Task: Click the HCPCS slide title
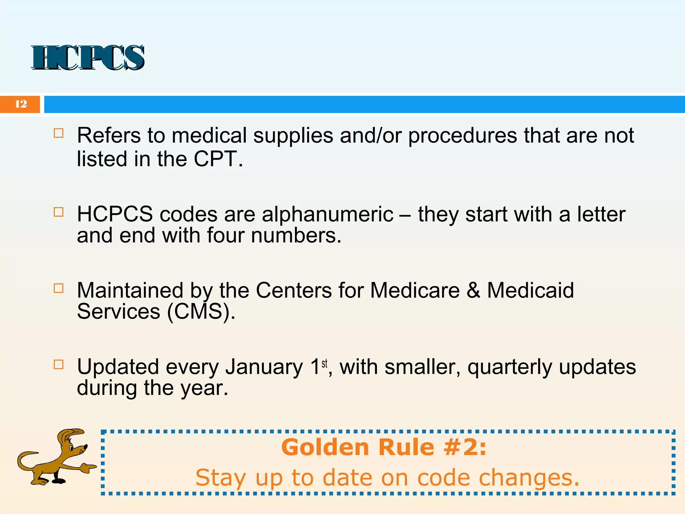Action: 88,58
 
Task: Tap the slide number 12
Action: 21,104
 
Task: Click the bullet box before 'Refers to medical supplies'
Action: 59,133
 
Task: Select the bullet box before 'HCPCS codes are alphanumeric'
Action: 59,212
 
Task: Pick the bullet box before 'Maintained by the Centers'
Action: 59,288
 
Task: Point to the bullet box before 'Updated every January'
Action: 59,364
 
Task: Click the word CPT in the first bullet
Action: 215,159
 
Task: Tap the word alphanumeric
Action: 327,214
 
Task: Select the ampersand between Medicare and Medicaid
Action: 473,290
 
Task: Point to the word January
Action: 264,367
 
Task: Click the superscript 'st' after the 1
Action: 324,363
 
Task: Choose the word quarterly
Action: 509,367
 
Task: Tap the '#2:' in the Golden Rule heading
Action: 465,447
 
